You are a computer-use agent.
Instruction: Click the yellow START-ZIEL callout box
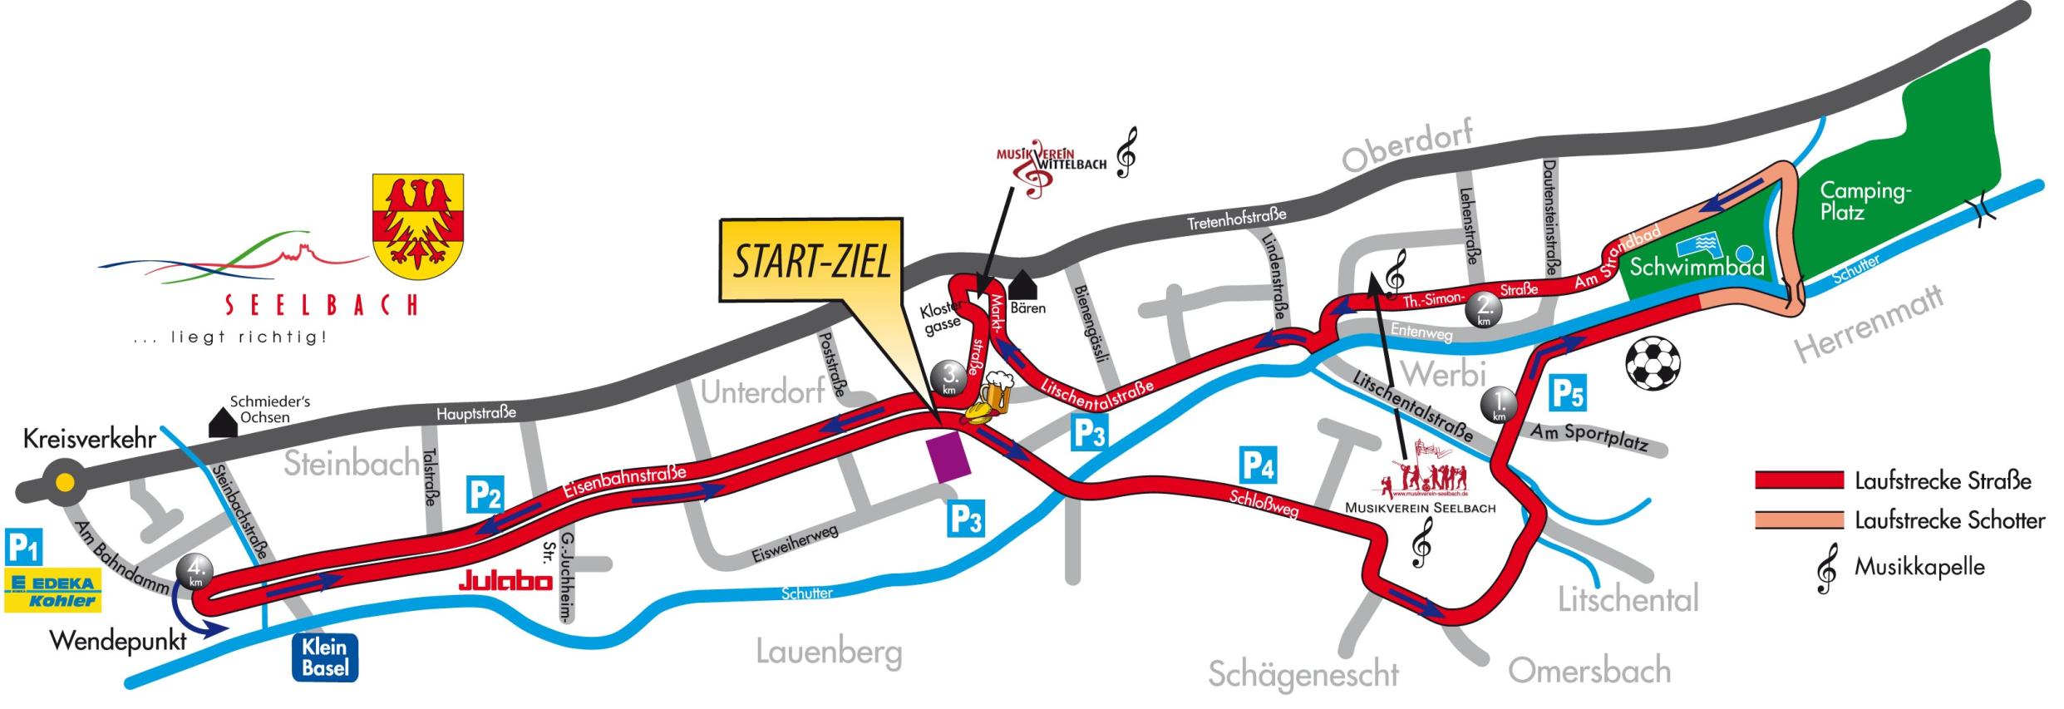coord(810,261)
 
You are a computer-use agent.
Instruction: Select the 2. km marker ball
coord(1481,310)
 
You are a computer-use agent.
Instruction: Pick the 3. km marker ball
coord(948,380)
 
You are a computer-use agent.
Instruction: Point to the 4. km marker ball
coord(195,572)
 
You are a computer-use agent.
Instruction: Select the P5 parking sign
coord(1568,394)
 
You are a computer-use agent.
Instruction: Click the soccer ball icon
coord(1653,362)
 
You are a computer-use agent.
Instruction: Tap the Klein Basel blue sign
coord(325,657)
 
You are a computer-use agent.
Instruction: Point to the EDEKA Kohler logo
coord(53,591)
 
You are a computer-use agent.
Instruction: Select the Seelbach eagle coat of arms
coord(417,221)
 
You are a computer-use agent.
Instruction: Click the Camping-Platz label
coord(1865,201)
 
